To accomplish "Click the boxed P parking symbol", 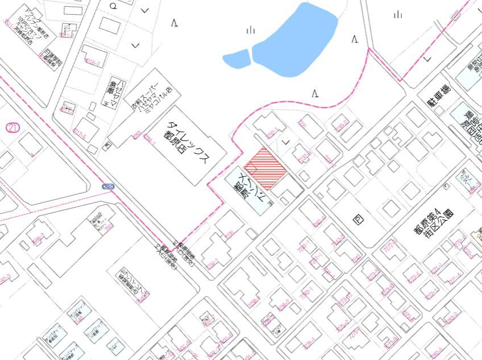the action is (358, 220).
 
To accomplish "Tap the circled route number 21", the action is (13, 127).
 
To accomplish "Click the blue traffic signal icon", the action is (108, 187).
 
